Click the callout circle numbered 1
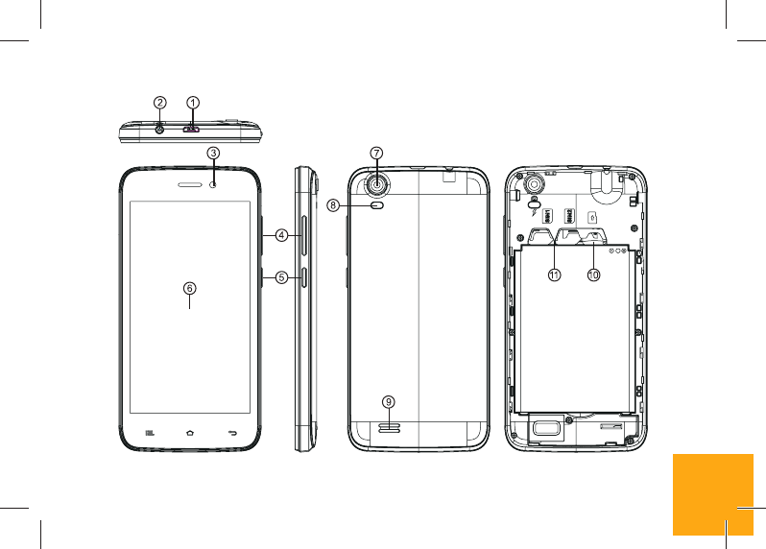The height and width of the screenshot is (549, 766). click(x=192, y=102)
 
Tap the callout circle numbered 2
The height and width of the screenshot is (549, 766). click(x=160, y=102)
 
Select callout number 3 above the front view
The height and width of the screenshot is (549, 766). click(x=214, y=152)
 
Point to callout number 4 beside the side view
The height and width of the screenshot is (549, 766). click(x=282, y=234)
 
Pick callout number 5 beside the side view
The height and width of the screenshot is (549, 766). click(x=282, y=277)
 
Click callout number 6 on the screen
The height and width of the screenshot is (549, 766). click(x=190, y=287)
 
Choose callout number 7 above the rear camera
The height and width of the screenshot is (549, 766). click(x=377, y=153)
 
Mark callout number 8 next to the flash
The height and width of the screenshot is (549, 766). click(x=360, y=204)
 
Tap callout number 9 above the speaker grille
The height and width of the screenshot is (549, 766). click(x=388, y=400)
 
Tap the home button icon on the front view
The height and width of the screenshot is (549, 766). click(x=190, y=433)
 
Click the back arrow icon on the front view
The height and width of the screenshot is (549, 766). click(x=232, y=433)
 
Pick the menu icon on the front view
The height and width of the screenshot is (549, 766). click(x=149, y=433)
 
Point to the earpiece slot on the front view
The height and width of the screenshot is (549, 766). click(x=191, y=182)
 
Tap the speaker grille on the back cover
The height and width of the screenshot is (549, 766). click(x=388, y=425)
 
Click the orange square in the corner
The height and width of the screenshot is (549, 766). click(x=712, y=493)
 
